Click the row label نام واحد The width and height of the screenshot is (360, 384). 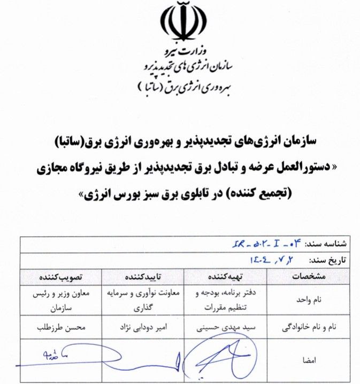311,300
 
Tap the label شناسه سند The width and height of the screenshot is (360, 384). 325,244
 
